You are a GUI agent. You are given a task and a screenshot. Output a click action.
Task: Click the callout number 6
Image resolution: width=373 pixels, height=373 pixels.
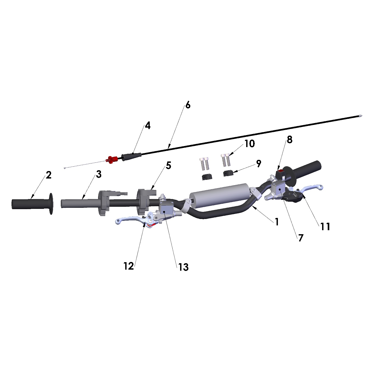pos(188,105)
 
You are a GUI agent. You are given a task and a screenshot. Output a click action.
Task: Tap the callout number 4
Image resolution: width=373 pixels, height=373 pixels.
pos(148,126)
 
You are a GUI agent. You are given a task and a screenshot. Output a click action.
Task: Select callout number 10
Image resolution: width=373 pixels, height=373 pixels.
pos(250,144)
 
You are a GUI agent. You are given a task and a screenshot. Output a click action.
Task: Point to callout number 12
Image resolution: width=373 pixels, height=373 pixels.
pos(129,266)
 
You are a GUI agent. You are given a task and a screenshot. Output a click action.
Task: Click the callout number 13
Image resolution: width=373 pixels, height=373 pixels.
pos(183,267)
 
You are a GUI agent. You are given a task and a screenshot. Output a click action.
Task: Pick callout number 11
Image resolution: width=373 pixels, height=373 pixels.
pos(325,227)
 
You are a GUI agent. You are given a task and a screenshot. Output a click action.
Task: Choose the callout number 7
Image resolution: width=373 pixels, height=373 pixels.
pos(301,238)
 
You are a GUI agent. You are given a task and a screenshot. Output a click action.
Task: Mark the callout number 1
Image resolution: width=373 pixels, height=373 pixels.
pos(277,222)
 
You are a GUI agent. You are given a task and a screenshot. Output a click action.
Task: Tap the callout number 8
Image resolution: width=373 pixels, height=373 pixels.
pos(290,140)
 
